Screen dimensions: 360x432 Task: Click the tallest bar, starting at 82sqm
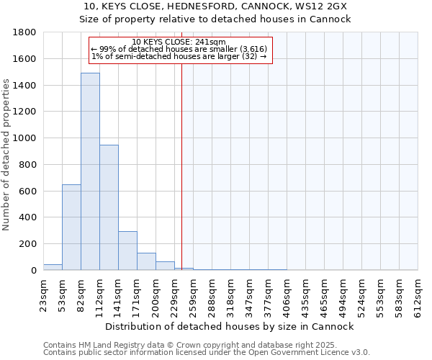(x=90, y=171)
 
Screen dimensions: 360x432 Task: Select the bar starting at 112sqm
(x=109, y=207)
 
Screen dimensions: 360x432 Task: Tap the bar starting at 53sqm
(x=71, y=227)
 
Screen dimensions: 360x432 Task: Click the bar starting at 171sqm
(x=146, y=261)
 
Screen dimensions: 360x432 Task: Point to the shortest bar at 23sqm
(x=53, y=267)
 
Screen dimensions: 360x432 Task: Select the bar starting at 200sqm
(x=165, y=266)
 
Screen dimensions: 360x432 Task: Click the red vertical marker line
(x=181, y=144)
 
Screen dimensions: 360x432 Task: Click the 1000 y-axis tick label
(x=25, y=138)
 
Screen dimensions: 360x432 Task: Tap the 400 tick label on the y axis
(x=28, y=217)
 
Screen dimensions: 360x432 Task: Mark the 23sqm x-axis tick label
(x=43, y=293)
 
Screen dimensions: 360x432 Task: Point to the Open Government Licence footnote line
(x=207, y=353)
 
